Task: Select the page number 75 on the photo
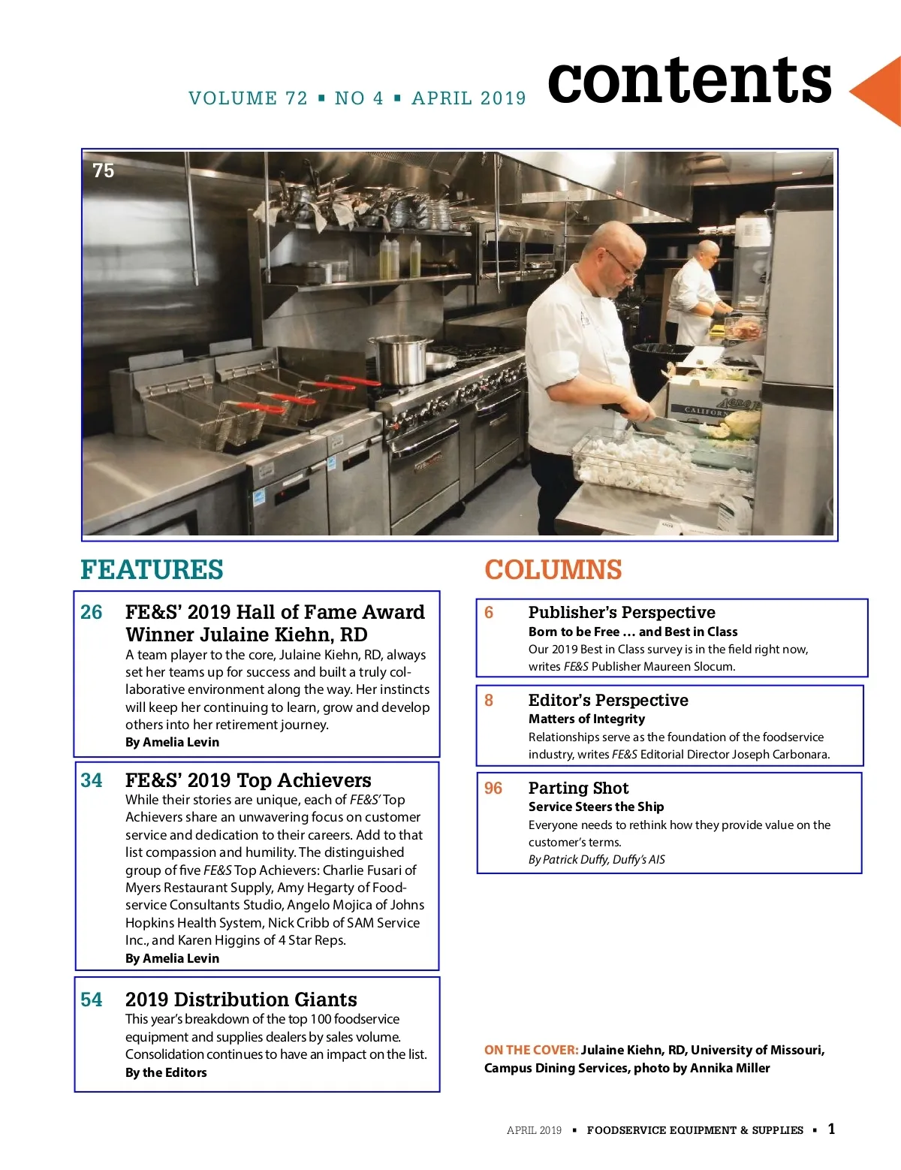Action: tap(104, 171)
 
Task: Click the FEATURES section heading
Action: tap(152, 570)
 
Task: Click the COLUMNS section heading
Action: tap(553, 570)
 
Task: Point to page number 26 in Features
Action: tap(92, 613)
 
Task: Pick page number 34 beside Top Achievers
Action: tap(92, 781)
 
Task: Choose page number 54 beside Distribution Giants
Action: tap(92, 1000)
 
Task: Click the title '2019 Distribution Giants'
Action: tap(241, 1000)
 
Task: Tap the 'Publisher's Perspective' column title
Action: tap(622, 613)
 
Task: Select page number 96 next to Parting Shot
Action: tap(493, 789)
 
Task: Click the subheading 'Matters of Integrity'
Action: tap(586, 719)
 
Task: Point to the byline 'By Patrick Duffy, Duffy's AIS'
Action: tap(596, 860)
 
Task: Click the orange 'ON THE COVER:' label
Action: tap(531, 1051)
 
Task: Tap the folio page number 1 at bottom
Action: tap(831, 1129)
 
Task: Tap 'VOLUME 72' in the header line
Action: tap(248, 98)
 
